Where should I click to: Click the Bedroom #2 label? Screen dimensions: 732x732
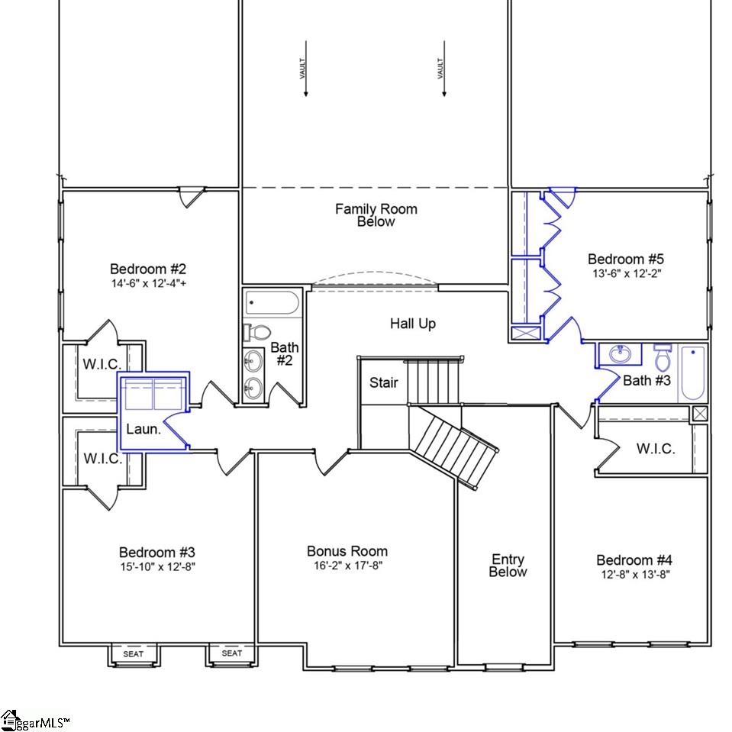148,269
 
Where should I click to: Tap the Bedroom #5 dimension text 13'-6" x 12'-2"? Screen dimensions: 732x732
624,273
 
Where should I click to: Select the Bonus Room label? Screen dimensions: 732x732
347,551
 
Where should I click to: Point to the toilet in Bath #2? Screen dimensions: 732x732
258,333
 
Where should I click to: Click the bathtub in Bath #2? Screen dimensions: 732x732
272,304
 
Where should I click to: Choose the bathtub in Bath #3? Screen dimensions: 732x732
692,372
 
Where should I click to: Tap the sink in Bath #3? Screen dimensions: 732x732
620,354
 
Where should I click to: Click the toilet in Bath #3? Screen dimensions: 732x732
662,357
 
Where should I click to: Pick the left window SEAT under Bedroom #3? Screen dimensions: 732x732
134,653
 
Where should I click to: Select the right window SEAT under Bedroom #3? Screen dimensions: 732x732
232,653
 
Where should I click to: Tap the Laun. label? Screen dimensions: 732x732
143,430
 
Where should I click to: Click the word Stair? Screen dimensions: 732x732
384,382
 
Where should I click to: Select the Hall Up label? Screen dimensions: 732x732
413,324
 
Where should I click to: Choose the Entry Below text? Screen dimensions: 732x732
508,566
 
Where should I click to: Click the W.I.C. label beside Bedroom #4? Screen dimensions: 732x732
656,449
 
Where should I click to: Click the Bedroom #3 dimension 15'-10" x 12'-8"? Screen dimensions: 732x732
157,566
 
